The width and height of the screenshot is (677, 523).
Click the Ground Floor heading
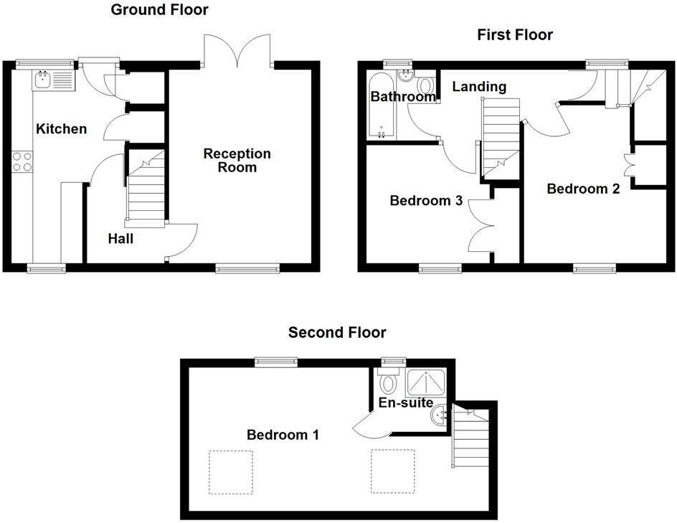point(159,10)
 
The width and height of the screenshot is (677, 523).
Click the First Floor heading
point(515,34)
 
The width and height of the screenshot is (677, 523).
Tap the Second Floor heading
point(337,332)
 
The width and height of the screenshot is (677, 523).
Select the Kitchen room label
point(62,129)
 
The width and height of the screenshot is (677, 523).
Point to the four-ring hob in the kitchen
point(22,161)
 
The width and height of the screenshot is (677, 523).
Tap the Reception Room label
point(237,160)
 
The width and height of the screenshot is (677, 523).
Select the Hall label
point(120,239)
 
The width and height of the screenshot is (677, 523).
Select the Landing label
point(478,87)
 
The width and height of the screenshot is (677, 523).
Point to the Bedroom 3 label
point(425,201)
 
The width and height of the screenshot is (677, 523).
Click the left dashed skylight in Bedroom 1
point(230,471)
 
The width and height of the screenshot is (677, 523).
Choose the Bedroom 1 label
point(283,434)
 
